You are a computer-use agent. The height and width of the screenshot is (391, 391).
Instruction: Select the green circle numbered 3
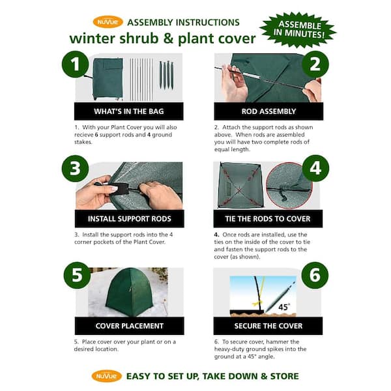pos(76,168)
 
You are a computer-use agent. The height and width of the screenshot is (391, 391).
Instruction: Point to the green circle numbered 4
pos(315,168)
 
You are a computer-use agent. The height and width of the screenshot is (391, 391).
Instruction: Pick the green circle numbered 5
pos(77,276)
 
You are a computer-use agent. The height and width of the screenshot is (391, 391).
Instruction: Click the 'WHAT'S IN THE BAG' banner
pos(128,111)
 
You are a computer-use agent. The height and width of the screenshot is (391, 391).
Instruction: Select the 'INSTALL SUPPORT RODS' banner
pos(128,218)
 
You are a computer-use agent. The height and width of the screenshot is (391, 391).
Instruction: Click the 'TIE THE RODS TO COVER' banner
pos(268,218)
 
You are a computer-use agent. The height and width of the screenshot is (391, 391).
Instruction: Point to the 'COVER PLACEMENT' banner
pos(128,326)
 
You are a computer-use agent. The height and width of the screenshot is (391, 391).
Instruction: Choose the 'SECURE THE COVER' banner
pos(268,326)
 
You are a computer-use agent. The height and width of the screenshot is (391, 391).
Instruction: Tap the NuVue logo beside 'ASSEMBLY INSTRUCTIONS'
pos(108,22)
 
